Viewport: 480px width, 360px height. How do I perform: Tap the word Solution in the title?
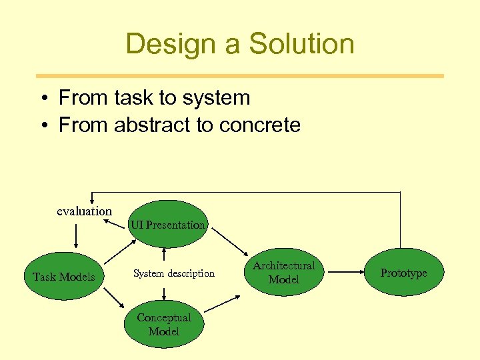click(x=301, y=44)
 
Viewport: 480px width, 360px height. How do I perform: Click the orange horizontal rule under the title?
click(x=239, y=75)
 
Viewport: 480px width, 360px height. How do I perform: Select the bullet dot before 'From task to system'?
click(x=42, y=99)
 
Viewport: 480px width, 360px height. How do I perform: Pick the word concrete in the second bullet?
click(x=260, y=125)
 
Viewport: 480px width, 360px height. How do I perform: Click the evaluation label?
click(x=84, y=211)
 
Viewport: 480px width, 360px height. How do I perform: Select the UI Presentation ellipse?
click(x=167, y=225)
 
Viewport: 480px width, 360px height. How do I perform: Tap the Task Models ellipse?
click(x=64, y=277)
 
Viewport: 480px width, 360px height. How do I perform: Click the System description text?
click(x=174, y=273)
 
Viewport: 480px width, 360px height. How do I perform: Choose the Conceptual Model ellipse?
click(x=164, y=325)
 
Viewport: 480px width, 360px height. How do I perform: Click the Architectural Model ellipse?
click(x=284, y=273)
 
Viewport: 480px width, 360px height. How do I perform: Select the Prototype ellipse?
click(x=403, y=273)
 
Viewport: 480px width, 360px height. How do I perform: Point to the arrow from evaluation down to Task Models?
click(x=76, y=235)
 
